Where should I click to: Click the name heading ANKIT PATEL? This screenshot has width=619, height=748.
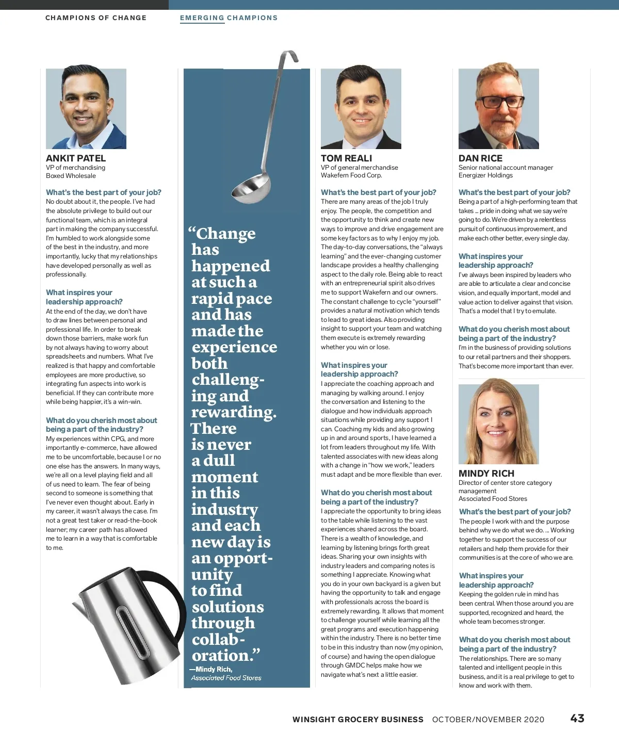[76, 158]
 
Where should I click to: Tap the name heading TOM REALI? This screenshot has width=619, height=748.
[346, 158]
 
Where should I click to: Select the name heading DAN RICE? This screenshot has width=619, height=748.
[480, 158]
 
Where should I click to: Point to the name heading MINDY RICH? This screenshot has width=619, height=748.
[486, 474]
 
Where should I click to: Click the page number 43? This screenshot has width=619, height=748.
[577, 718]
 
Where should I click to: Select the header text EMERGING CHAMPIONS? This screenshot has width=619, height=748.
[229, 18]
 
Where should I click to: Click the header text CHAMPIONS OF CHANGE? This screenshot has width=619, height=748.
[96, 18]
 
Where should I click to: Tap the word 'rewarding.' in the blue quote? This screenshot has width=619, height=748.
[234, 412]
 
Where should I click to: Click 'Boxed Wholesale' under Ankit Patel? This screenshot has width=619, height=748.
[71, 176]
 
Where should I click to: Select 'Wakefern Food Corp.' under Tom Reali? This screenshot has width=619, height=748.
[351, 175]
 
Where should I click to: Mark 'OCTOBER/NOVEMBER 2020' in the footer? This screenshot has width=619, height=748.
[488, 720]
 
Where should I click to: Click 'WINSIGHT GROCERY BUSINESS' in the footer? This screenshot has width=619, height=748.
[358, 720]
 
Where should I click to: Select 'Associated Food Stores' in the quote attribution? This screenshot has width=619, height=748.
[226, 678]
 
